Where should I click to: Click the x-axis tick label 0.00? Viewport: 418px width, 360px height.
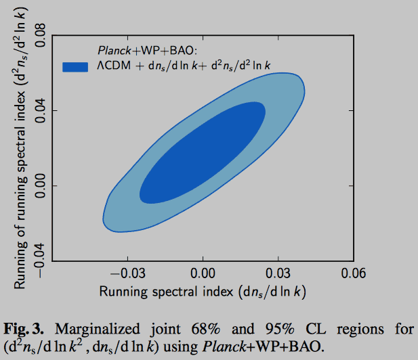pyautogui.click(x=203, y=274)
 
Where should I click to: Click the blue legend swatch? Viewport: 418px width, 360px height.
pyautogui.click(x=75, y=66)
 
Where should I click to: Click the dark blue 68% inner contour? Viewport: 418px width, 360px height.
pyautogui.click(x=203, y=156)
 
